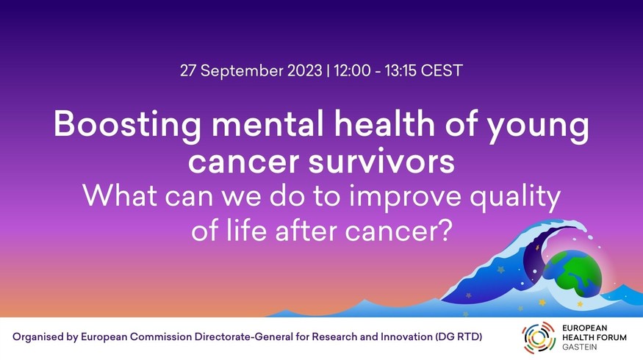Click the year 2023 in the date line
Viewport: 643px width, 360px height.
coord(305,71)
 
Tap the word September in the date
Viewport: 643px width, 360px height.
coord(242,71)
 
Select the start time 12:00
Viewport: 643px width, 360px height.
coord(352,71)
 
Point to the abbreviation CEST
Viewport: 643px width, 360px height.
coord(442,71)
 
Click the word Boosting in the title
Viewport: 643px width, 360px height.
coord(127,125)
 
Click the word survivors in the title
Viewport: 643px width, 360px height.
coord(381,161)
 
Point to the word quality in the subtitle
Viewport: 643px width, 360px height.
coord(515,197)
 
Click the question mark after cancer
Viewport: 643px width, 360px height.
coord(445,230)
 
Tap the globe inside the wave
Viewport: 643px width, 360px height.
coord(572,273)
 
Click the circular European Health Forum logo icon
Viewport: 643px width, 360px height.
coord(539,337)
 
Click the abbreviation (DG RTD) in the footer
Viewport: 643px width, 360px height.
coord(459,337)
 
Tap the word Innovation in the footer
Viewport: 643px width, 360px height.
coord(406,337)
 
